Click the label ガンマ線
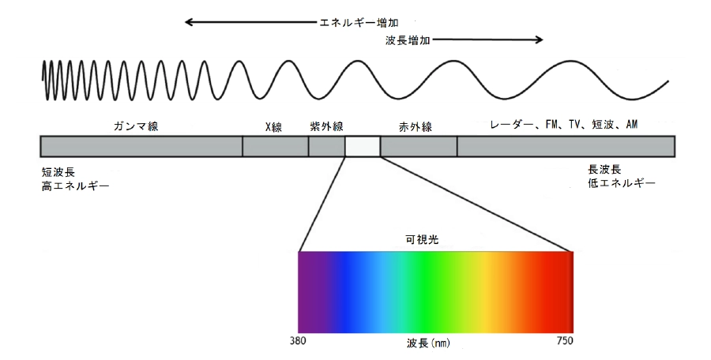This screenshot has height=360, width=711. pyautogui.click(x=136, y=126)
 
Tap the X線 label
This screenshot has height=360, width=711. pyautogui.click(x=273, y=127)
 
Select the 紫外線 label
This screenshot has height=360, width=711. pyautogui.click(x=326, y=126)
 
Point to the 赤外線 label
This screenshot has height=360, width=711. pyautogui.click(x=416, y=127)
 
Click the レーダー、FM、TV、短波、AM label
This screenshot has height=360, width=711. pyautogui.click(x=563, y=125)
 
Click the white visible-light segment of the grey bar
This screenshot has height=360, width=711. pyautogui.click(x=363, y=147)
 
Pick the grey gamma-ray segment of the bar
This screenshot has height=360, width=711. pyautogui.click(x=141, y=147)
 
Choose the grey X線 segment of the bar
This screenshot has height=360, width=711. pyautogui.click(x=275, y=147)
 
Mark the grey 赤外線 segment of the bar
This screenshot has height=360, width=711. pyautogui.click(x=419, y=147)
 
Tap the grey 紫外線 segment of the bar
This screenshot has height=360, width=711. pyautogui.click(x=327, y=147)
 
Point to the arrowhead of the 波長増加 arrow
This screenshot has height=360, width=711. pyautogui.click(x=539, y=40)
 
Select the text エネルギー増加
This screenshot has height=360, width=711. pyautogui.click(x=359, y=22)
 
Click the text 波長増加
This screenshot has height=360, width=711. pyautogui.click(x=408, y=40)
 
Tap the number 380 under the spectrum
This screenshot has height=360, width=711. pyautogui.click(x=298, y=341)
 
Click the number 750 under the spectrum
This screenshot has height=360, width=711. pyautogui.click(x=565, y=341)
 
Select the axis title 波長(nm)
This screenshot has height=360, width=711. pyautogui.click(x=428, y=343)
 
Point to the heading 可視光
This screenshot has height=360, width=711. pyautogui.click(x=422, y=240)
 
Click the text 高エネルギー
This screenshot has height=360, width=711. pyautogui.click(x=76, y=186)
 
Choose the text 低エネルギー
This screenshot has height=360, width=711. pyautogui.click(x=622, y=183)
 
